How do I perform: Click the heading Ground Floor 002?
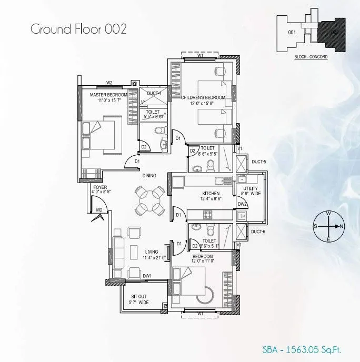78,28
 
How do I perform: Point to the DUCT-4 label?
154,93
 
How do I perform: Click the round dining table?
149,200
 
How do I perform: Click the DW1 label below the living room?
147,276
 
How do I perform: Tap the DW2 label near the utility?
242,205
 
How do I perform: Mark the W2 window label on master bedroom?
109,83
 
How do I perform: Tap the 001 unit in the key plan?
293,32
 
